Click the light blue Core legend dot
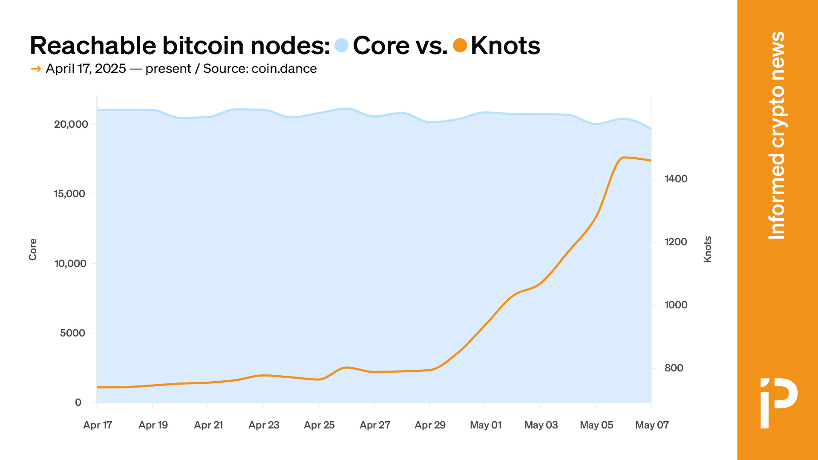(x=341, y=45)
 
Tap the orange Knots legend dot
(x=460, y=45)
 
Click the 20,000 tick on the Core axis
(x=71, y=124)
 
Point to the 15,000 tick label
(x=69, y=194)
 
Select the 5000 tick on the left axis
(x=72, y=333)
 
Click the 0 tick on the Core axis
(x=78, y=402)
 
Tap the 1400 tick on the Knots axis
(x=676, y=179)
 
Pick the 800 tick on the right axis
(x=674, y=368)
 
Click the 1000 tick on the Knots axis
(x=676, y=305)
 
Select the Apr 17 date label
(x=98, y=425)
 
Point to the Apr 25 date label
(x=319, y=425)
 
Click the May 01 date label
(x=486, y=425)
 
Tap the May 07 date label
(x=652, y=425)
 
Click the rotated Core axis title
(x=33, y=250)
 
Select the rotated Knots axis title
(x=708, y=250)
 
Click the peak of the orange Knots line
(x=624, y=158)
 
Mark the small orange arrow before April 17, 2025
(x=36, y=69)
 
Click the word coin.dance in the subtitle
(x=284, y=69)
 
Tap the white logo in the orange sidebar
(x=778, y=402)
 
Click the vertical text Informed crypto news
(x=777, y=135)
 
